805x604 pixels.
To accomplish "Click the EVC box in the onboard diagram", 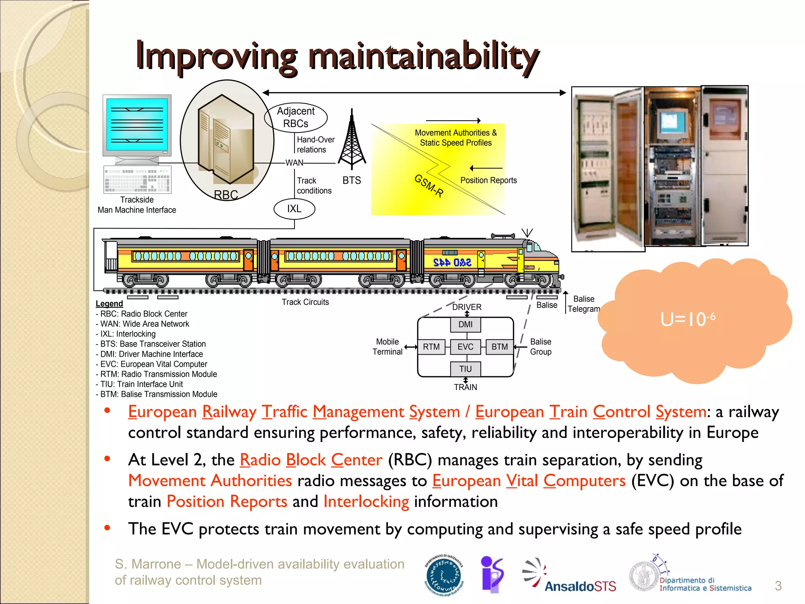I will point(465,347).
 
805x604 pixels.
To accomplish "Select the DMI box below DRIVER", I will point(465,324).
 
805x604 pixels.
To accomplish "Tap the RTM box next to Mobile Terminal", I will point(431,347).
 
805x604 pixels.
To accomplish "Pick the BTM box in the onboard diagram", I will point(500,347).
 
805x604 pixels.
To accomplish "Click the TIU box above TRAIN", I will point(465,369).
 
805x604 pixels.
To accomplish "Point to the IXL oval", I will point(294,209).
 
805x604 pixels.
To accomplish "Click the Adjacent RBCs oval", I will point(296,117).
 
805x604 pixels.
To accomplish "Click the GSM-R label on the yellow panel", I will point(429,186).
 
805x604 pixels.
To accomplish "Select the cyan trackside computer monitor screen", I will point(137,124).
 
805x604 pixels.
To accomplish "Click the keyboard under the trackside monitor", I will point(137,180).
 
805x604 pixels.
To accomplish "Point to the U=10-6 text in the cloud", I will point(687,319).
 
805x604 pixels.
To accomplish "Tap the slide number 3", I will point(778,586).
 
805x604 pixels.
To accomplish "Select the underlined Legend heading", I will point(109,304).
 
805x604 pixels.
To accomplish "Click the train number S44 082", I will point(452,262).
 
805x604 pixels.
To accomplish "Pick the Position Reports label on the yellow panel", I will point(488,180).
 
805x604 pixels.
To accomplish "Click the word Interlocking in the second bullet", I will point(366,502).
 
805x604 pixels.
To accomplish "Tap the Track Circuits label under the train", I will point(305,302).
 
